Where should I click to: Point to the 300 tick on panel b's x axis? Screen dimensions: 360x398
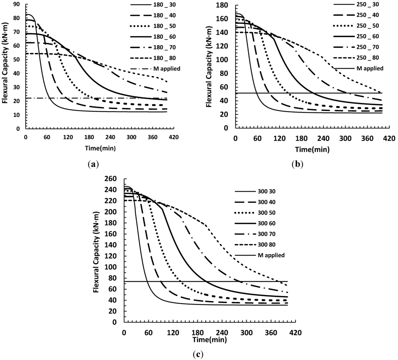tap(345, 139)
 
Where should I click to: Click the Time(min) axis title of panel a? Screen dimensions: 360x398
tap(97, 148)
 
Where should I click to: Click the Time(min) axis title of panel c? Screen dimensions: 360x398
tap(209, 339)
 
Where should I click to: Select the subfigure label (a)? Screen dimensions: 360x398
tap(92, 164)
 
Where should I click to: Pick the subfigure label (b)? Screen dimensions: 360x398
tap(297, 164)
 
